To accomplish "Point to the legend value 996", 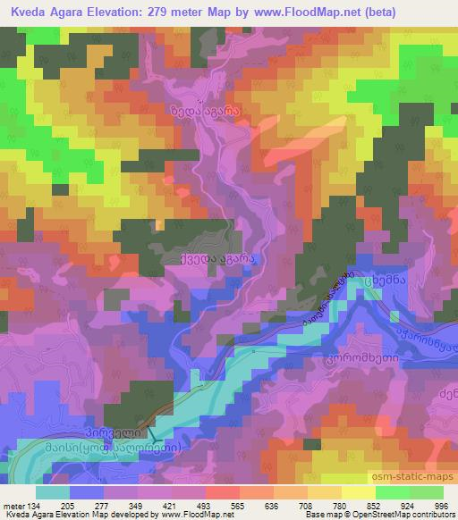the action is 441,505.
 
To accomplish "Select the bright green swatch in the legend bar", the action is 390,491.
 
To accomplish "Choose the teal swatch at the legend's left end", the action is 53,491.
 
